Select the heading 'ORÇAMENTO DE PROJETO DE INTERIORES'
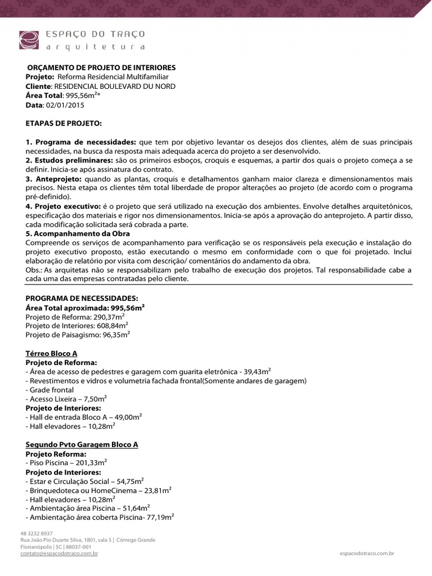pyautogui.click(x=101, y=67)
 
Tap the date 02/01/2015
pyautogui.click(x=61, y=105)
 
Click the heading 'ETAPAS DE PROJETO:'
pyautogui.click(x=64, y=122)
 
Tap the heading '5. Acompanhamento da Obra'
pyautogui.click(x=78, y=233)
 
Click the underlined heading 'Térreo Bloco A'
pyautogui.click(x=52, y=353)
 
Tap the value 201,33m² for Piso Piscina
pyautogui.click(x=87, y=462)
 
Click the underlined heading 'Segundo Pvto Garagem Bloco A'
pyautogui.click(x=82, y=444)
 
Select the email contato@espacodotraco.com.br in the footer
pyautogui.click(x=59, y=553)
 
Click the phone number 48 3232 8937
pyautogui.click(x=37, y=533)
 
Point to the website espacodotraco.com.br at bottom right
pyautogui.click(x=367, y=553)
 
